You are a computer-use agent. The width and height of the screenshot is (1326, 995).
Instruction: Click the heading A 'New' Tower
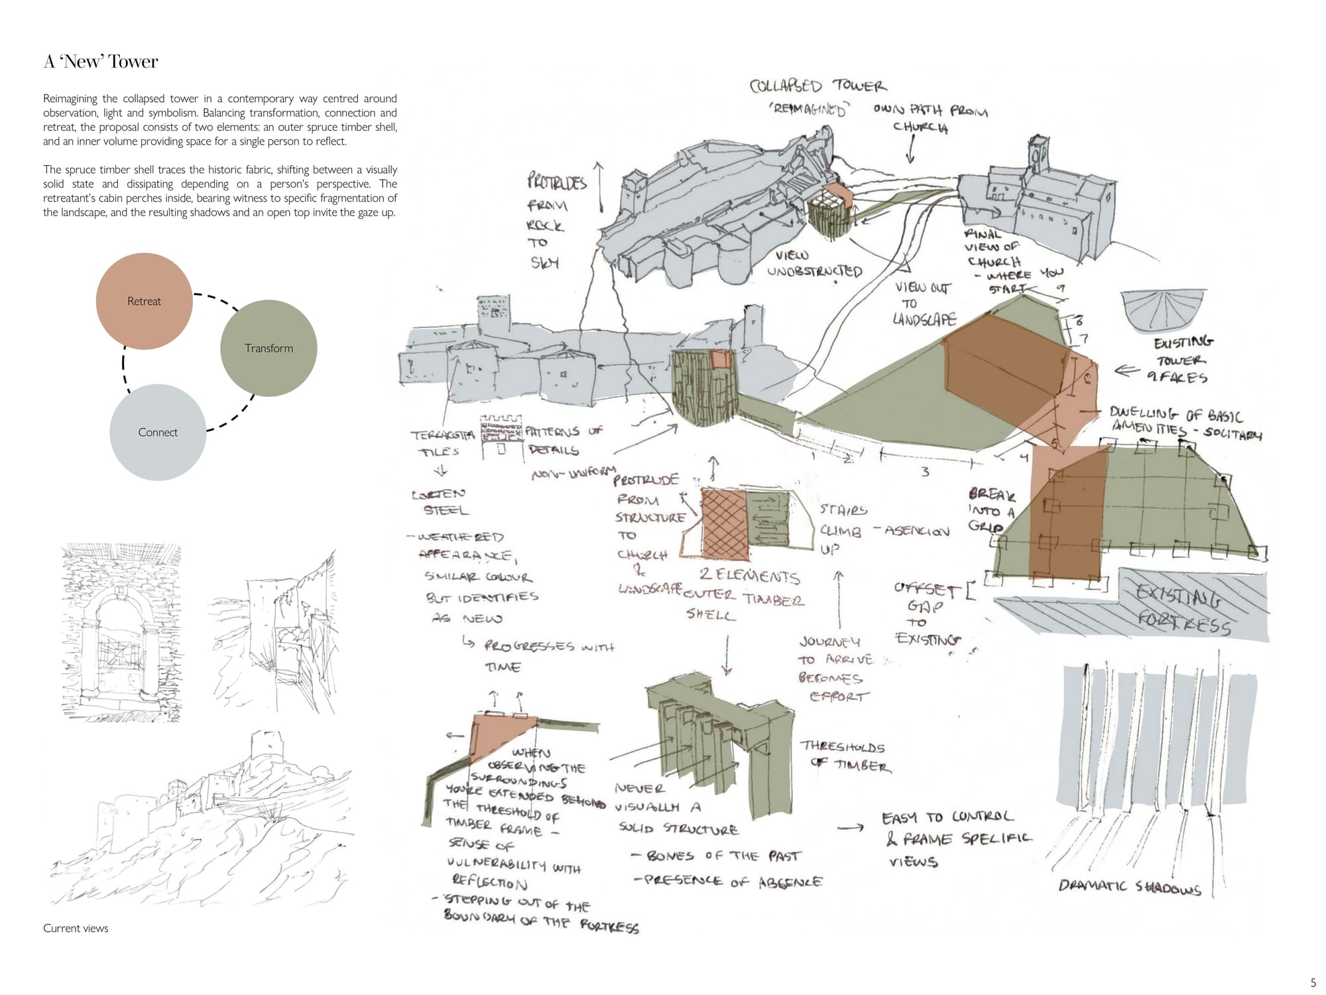[x=101, y=62]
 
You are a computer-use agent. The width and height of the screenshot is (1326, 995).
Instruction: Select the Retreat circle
[x=144, y=301]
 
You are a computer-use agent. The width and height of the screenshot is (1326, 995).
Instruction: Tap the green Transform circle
[x=269, y=348]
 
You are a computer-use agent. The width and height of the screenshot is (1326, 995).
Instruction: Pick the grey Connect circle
[x=158, y=432]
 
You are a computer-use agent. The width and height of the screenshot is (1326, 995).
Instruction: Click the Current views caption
[x=76, y=928]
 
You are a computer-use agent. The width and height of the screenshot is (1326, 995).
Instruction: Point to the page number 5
[x=1313, y=983]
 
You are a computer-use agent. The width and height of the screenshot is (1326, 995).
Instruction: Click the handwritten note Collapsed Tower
[x=817, y=86]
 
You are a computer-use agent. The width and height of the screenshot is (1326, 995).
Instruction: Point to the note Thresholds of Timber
[x=845, y=756]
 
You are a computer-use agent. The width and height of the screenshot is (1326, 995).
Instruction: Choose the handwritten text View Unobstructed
[x=814, y=264]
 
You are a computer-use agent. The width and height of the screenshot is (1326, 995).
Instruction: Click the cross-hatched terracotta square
[x=723, y=523]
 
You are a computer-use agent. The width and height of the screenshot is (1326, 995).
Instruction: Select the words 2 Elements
[x=749, y=576]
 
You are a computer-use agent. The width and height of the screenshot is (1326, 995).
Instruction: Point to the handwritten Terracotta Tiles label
[x=442, y=443]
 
